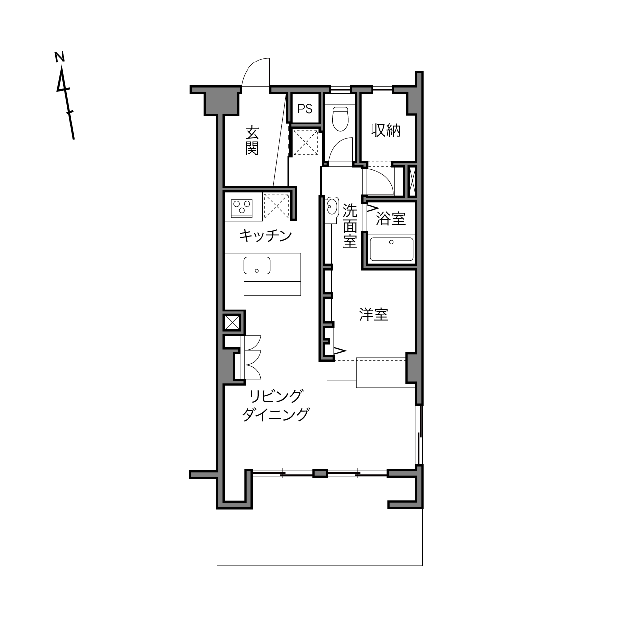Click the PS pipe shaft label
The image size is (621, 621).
(x=305, y=109)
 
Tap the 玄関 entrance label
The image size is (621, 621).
(x=252, y=141)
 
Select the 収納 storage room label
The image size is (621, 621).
(x=386, y=130)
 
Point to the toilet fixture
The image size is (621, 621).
(x=340, y=119)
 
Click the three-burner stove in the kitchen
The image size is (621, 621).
(x=242, y=208)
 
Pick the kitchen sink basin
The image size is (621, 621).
(x=257, y=265)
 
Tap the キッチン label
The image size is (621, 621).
(x=265, y=236)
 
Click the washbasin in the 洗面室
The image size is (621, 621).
(x=332, y=206)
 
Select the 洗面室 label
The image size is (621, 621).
(x=350, y=225)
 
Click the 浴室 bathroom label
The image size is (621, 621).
(x=390, y=219)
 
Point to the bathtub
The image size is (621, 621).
(x=391, y=249)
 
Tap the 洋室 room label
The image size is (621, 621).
(x=374, y=314)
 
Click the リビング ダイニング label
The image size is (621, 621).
(x=276, y=405)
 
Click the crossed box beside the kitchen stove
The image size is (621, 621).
(x=276, y=206)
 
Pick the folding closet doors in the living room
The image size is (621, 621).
(x=252, y=358)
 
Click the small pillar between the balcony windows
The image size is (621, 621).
(x=320, y=474)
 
